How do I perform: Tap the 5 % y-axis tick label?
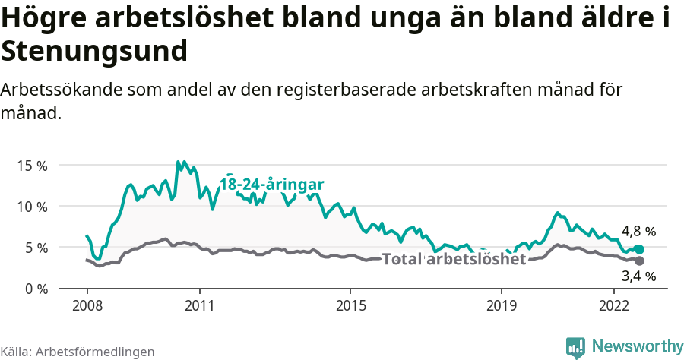(x=34, y=248)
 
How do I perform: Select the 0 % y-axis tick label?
(x=34, y=289)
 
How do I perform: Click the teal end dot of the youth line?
(x=639, y=249)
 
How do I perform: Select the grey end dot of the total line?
(x=639, y=261)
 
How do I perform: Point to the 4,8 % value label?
(x=638, y=231)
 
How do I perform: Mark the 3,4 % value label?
(x=638, y=276)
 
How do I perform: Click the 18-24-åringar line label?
(x=272, y=184)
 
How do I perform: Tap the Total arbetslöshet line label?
(x=454, y=259)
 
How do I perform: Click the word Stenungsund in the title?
(x=94, y=52)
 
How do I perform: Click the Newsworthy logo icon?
(x=575, y=347)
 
